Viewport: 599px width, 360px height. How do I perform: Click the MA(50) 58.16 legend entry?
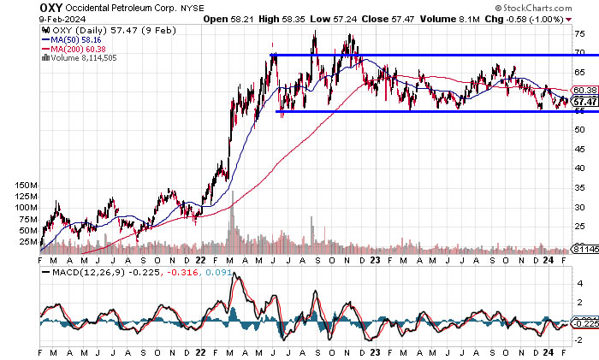(x=80, y=39)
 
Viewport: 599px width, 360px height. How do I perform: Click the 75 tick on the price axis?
(x=578, y=34)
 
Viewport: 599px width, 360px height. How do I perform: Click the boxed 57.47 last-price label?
(x=584, y=101)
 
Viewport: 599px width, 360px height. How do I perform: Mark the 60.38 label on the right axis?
(x=584, y=90)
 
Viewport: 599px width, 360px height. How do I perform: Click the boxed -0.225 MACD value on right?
(x=584, y=323)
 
